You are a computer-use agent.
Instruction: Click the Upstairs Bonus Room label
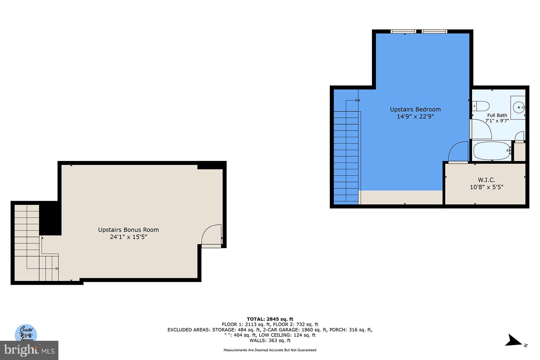[128, 230]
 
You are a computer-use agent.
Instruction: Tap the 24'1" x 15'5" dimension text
[128, 237]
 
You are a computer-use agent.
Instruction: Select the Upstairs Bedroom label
[415, 109]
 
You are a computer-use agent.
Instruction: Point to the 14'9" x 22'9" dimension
[415, 116]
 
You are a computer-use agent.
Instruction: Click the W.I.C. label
[486, 180]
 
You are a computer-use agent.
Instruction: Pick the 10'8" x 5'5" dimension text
[486, 187]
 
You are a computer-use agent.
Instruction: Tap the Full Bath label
[497, 115]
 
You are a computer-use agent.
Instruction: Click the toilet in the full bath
[481, 106]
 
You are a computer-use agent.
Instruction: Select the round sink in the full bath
[518, 107]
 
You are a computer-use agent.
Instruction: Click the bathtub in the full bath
[492, 151]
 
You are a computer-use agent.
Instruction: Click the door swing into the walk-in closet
[458, 152]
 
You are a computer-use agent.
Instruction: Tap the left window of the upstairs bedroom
[403, 31]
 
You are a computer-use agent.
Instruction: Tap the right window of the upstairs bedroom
[434, 31]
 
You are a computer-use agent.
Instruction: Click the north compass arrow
[514, 341]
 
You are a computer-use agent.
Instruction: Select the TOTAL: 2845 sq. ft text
[270, 319]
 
